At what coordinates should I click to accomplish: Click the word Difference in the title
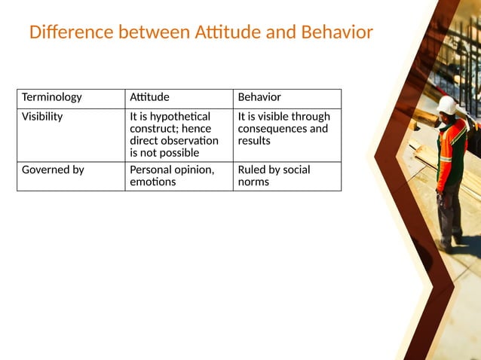click(x=70, y=33)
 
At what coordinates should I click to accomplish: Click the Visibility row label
click(x=42, y=117)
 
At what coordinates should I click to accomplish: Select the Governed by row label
click(x=53, y=170)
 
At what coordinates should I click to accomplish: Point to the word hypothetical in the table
click(x=180, y=117)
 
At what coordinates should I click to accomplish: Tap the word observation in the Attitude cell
click(x=186, y=141)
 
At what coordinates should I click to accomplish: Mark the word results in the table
click(x=254, y=141)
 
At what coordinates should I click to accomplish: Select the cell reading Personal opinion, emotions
click(x=179, y=175)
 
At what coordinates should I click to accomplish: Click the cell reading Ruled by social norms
click(x=286, y=175)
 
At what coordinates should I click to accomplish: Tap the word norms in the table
click(x=253, y=182)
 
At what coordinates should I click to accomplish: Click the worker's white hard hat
click(x=446, y=105)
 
